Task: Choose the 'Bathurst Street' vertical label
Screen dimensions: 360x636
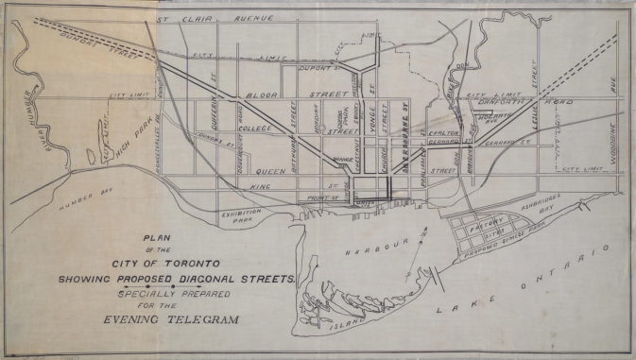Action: click(294, 129)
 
